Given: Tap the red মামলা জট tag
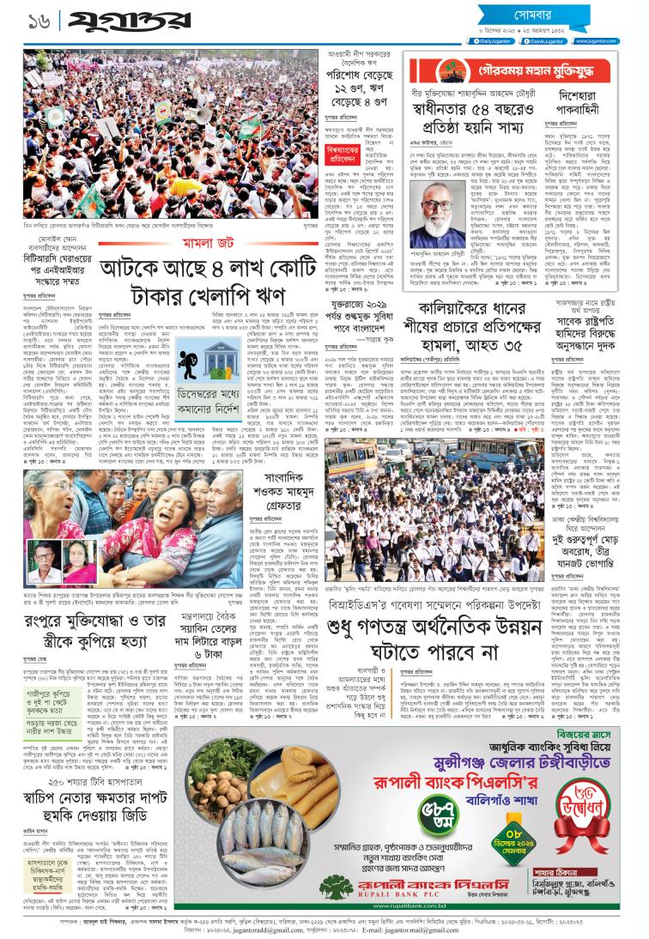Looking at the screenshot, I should (x=178, y=246).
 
